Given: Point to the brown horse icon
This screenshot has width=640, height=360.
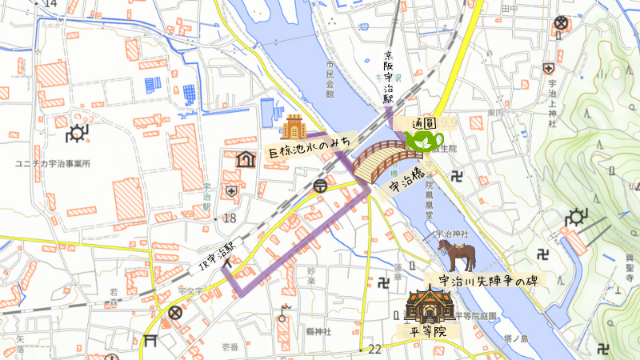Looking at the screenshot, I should coord(457,255).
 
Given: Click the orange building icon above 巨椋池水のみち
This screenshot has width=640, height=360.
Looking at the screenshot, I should coord(294,127).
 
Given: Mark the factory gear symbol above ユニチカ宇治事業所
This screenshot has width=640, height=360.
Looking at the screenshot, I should coord(78,133).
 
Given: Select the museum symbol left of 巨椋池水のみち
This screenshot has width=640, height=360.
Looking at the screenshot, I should coord(246,159).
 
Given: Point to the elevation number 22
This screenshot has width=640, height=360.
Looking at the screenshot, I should coord(374,349).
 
